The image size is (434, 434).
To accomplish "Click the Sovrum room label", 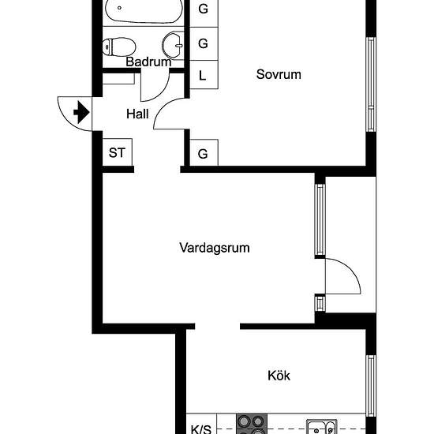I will point(279,75).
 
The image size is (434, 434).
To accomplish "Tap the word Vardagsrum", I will point(215,248).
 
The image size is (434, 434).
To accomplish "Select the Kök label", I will point(279,376).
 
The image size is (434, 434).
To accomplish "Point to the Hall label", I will point(137,114).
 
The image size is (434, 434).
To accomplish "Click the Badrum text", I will point(148,62).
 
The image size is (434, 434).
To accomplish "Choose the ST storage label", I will point(117,153).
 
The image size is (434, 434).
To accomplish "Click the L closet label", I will point(203,77).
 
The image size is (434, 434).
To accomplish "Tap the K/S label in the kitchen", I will point(201,430).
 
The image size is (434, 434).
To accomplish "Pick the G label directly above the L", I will point(203,43).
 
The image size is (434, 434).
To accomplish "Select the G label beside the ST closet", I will point(203,154).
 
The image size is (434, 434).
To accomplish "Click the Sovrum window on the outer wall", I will point(369,83).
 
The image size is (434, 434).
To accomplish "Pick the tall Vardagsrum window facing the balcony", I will point(320,220).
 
